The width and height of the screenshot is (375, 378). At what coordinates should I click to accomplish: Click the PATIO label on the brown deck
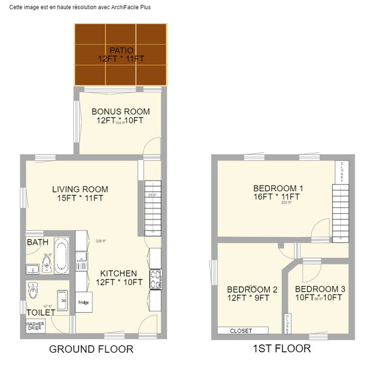coord(120,50)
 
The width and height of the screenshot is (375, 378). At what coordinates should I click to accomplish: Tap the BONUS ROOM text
coord(120,112)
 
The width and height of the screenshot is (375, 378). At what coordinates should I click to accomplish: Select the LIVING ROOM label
coord(80,189)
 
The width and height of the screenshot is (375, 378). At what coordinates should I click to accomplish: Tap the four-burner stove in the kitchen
coord(155,279)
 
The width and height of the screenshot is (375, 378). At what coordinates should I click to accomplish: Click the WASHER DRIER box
coord(35,326)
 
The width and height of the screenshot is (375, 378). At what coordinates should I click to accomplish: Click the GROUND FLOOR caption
coord(91,349)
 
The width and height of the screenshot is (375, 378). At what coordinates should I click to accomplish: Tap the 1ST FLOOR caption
coord(282,349)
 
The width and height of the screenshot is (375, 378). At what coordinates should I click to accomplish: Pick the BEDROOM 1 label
coord(278,188)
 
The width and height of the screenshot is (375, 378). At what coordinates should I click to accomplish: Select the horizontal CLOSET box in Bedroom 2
coord(242,331)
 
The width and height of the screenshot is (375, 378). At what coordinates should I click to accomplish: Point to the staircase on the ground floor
coord(152,207)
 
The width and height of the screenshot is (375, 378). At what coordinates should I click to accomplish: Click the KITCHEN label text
coord(118,273)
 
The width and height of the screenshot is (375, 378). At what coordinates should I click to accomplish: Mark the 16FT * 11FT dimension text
coord(278,197)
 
